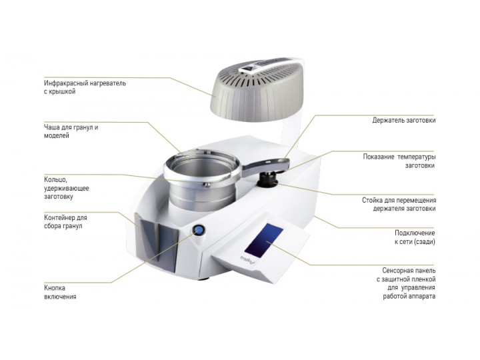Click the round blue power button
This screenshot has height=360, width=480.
click(198, 230)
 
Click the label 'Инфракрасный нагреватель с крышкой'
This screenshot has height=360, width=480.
click(85, 87)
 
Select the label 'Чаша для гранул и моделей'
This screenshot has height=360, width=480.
click(71, 131)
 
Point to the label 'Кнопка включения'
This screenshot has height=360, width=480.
click(60, 292)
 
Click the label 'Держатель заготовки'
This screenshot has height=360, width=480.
click(404, 120)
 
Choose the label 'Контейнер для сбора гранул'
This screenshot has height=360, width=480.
click(65, 221)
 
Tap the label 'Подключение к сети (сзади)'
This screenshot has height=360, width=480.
click(415, 237)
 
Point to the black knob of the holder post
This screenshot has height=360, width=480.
click(267, 180)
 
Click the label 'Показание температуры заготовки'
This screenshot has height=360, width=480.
click(399, 161)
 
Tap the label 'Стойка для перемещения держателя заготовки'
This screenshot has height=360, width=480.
click(399, 205)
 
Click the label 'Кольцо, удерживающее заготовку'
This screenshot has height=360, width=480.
click(67, 188)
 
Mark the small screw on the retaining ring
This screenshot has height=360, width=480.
click(207, 184)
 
